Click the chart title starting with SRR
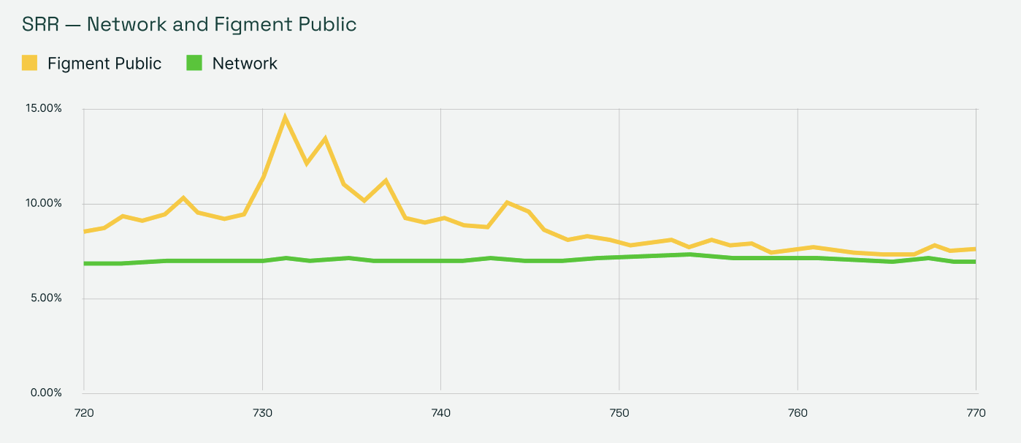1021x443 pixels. tap(189, 24)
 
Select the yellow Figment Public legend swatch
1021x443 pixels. tap(29, 63)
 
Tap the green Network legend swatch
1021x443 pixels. tap(194, 63)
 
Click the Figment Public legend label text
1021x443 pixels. tap(104, 64)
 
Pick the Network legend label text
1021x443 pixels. tap(245, 64)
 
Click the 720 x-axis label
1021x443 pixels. tap(84, 413)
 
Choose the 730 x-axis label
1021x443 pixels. tap(262, 413)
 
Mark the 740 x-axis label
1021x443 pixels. tap(440, 413)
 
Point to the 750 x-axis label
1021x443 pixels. tap(619, 413)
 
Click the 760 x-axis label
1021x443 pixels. tap(798, 413)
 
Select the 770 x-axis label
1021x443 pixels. tap(976, 413)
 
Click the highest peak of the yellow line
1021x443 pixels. tap(285, 117)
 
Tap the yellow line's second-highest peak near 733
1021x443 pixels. tap(325, 138)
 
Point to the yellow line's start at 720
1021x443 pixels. tap(85, 231)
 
